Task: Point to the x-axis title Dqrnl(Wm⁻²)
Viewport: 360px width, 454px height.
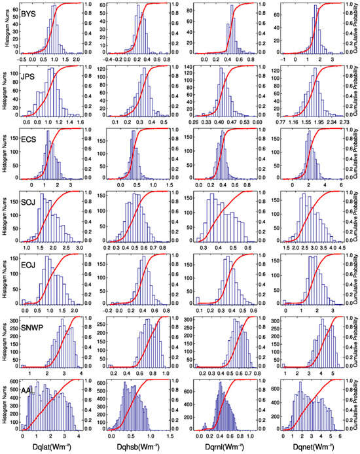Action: pyautogui.click(x=225, y=447)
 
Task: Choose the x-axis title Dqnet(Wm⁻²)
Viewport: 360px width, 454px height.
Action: pyautogui.click(x=312, y=447)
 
